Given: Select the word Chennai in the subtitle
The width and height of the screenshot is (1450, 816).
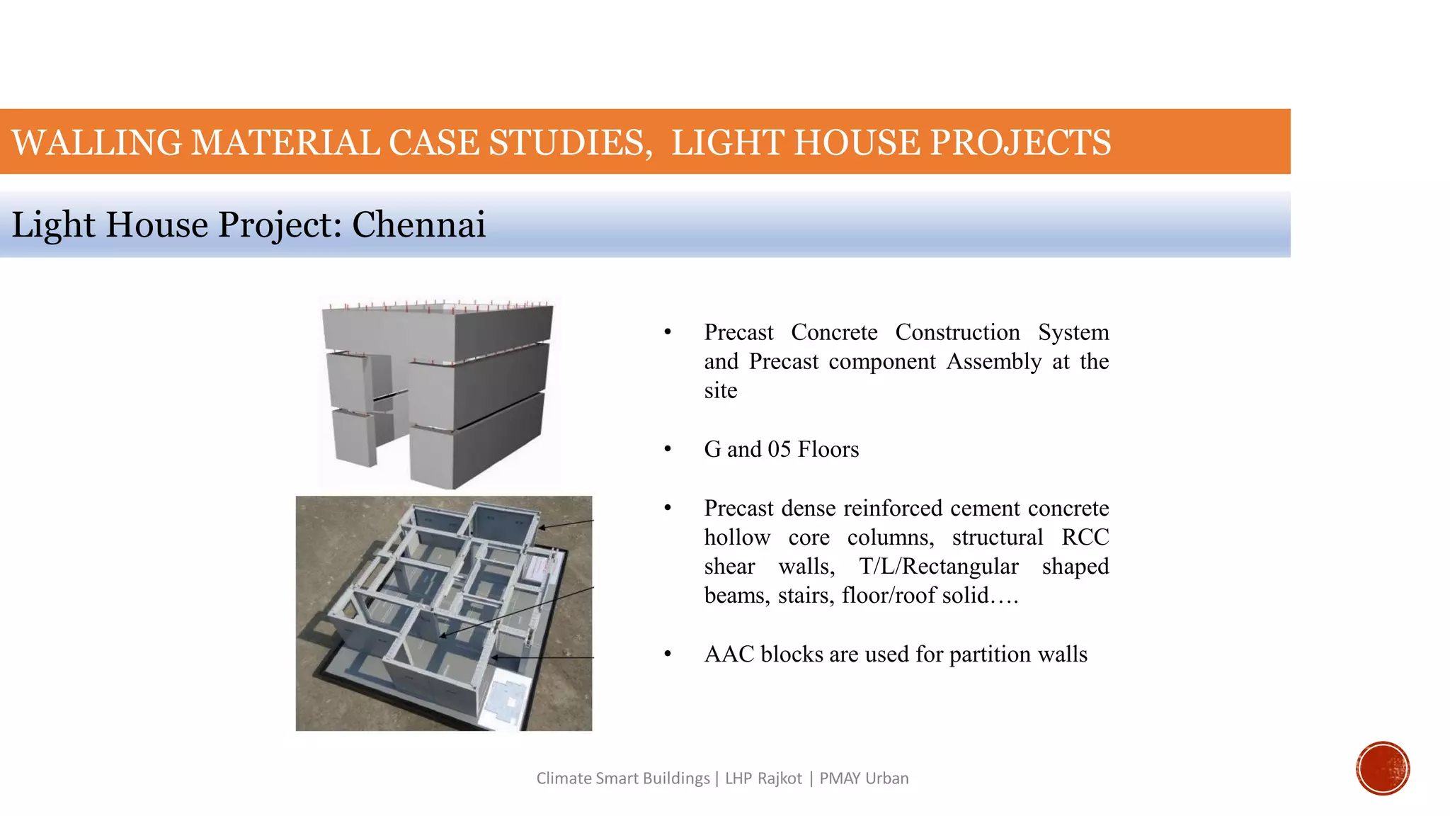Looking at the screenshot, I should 418,225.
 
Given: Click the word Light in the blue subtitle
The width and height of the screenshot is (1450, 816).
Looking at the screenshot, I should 53,225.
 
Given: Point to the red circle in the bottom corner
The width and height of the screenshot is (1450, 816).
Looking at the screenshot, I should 1382,769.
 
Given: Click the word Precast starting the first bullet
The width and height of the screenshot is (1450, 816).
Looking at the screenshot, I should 738,332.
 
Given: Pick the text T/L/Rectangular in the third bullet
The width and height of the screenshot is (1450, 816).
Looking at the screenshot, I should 938,566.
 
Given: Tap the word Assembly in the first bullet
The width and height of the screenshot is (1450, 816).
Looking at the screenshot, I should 993,361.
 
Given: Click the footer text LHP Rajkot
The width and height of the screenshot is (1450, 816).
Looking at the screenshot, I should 763,778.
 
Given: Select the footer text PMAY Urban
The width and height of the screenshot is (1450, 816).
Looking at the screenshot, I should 864,778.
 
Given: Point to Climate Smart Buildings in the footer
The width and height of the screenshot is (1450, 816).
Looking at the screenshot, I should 622,778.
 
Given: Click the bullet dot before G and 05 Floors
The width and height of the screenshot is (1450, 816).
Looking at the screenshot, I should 667,450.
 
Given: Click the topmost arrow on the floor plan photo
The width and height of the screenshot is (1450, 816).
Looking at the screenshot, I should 566,525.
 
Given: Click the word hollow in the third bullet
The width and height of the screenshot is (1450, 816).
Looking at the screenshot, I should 737,537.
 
